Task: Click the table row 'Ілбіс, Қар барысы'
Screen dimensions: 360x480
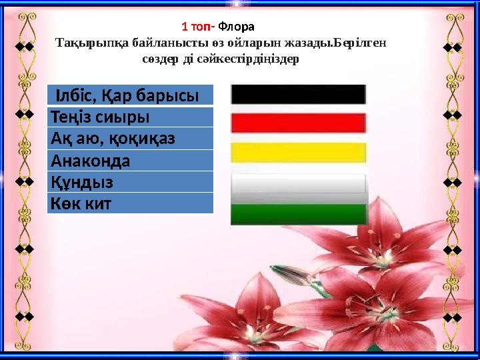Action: click(x=130, y=95)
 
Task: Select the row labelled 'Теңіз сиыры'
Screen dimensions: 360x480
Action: click(x=130, y=117)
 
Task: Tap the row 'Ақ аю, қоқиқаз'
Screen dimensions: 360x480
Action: click(x=130, y=139)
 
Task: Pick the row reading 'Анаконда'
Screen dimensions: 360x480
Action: click(x=130, y=161)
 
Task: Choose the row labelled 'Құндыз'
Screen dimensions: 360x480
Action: click(x=130, y=182)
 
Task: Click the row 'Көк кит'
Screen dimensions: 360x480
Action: click(x=130, y=203)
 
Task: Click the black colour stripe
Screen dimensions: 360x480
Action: click(x=299, y=94)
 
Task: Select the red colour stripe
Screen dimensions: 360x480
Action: click(x=299, y=123)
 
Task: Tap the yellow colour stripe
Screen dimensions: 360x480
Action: click(x=299, y=152)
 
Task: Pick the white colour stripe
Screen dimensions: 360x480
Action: click(x=299, y=183)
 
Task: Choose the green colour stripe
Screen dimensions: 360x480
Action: click(x=299, y=213)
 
